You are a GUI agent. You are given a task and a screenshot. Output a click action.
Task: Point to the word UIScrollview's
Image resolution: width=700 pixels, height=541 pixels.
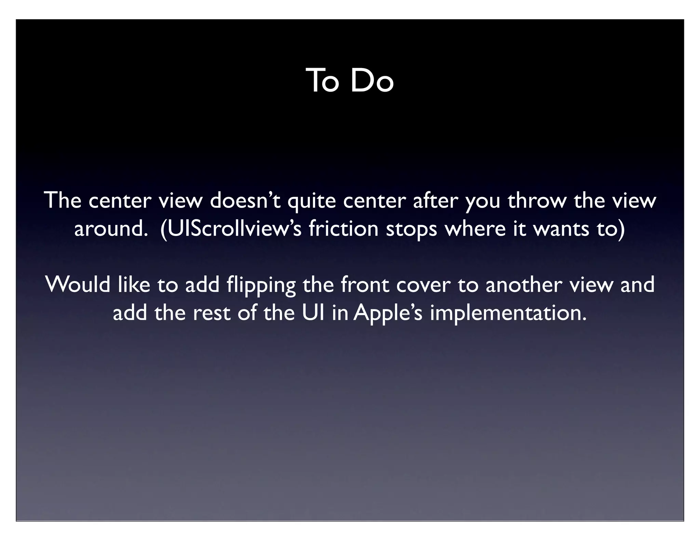tap(231, 229)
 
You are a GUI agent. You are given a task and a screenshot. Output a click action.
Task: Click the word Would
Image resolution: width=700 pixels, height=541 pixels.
tap(78, 285)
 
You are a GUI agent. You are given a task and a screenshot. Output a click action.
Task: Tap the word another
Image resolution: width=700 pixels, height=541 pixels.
tap(523, 285)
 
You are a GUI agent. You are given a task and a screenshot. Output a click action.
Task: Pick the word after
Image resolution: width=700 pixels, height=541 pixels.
tap(435, 201)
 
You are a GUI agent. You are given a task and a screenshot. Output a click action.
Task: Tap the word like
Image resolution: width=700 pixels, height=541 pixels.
tap(134, 285)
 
